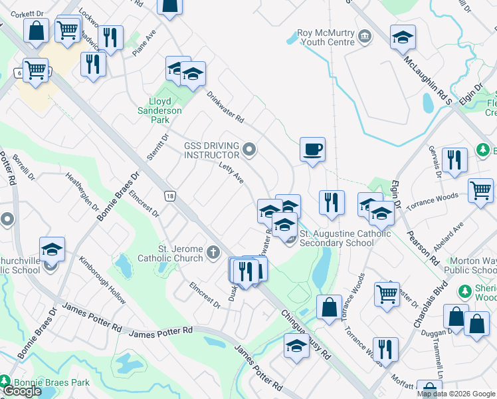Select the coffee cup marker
[312, 149]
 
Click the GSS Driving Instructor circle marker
[249, 149]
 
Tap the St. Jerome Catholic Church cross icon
[213, 252]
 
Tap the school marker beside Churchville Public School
[52, 249]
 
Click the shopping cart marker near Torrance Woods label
[480, 191]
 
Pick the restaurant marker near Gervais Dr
[454, 160]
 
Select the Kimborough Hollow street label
[102, 281]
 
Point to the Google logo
[22, 391]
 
